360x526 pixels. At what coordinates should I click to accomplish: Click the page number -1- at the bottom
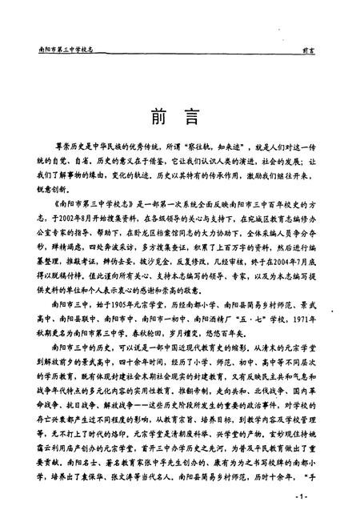[302, 498]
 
